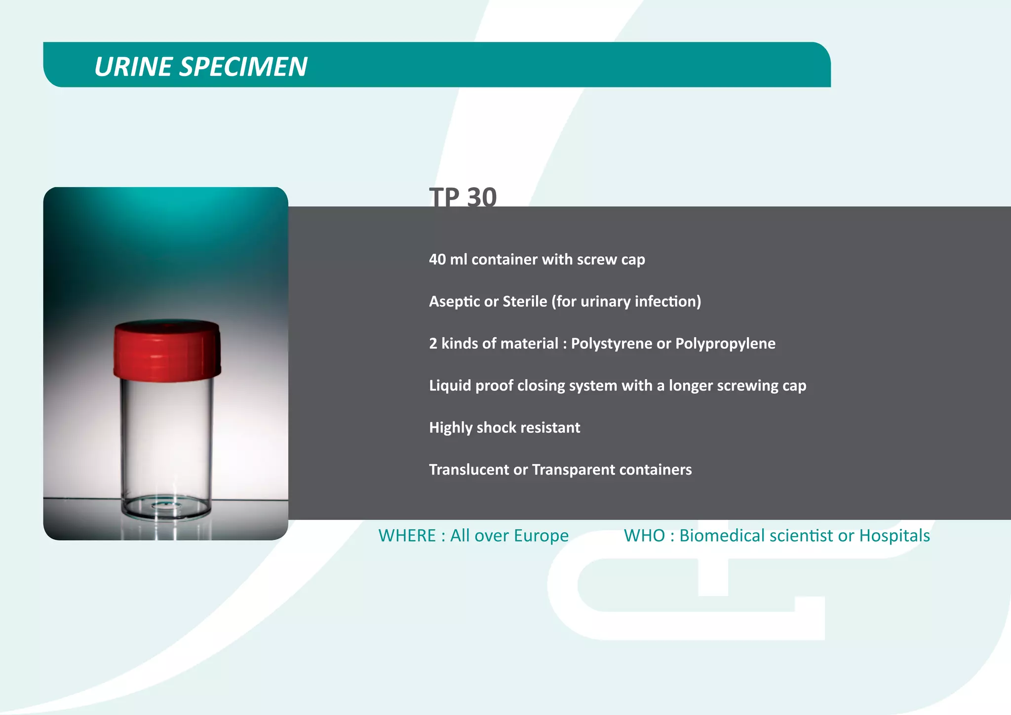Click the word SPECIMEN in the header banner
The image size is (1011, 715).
point(243,67)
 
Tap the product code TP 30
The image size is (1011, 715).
point(463,197)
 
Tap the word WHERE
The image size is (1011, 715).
point(407,535)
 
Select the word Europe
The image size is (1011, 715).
point(542,535)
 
